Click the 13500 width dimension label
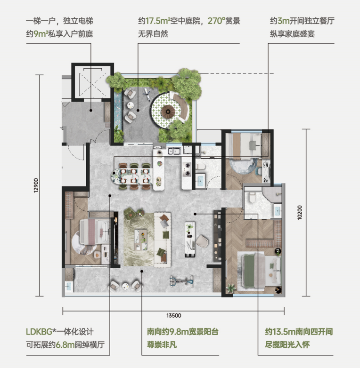(x=174, y=315)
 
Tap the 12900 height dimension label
(x=36, y=185)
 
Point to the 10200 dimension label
(x=300, y=212)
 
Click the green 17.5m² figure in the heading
(x=158, y=21)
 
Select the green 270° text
(x=216, y=21)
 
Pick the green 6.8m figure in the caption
(x=65, y=345)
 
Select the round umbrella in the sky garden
(x=168, y=110)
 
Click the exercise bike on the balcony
(x=181, y=281)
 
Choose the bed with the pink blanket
(x=94, y=232)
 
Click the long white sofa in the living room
(x=163, y=240)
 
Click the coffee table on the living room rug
(x=140, y=240)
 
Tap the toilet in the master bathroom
(x=252, y=197)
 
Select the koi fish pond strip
(x=118, y=110)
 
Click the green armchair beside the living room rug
(x=130, y=213)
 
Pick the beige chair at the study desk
(x=202, y=242)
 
